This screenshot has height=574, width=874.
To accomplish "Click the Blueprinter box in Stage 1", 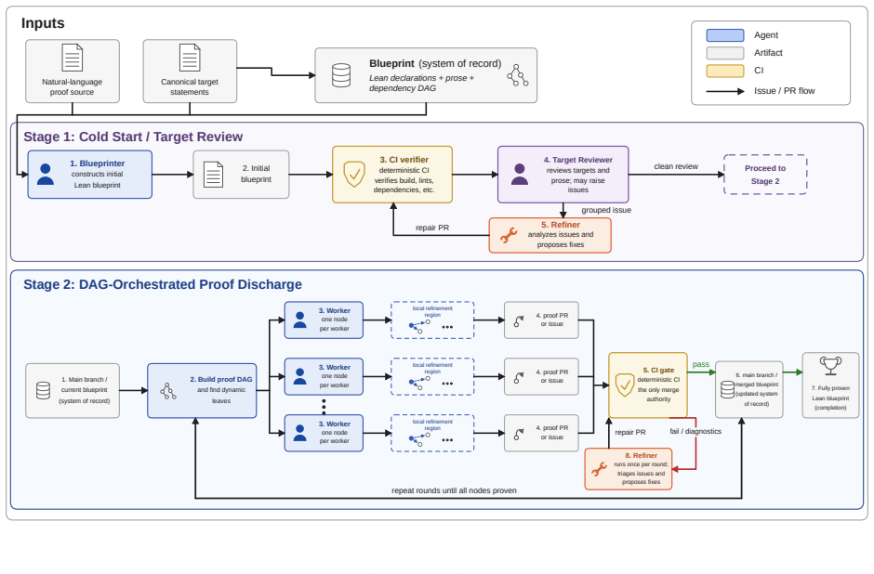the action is tap(90, 175).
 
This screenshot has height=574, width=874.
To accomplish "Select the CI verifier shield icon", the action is tap(354, 175).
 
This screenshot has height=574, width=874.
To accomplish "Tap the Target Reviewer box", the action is tap(563, 175).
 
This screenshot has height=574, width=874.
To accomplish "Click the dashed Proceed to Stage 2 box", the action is tap(765, 175).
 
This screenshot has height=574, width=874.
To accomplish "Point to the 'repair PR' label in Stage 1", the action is tap(432, 228).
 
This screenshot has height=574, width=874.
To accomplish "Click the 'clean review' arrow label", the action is tap(676, 166).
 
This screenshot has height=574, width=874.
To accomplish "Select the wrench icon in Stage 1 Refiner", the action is tap(509, 235).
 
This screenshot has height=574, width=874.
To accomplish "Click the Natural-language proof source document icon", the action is tap(72, 58).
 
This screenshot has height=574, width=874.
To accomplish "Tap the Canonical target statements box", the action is tap(190, 72).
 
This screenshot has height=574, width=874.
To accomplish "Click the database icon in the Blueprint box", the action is tap(341, 75).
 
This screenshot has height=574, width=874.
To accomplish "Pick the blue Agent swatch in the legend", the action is tap(725, 35).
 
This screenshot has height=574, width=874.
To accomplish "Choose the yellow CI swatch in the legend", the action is tap(725, 71).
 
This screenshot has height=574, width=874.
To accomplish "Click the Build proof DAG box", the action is tap(202, 390).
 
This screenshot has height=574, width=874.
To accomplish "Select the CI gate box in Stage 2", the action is tap(648, 385).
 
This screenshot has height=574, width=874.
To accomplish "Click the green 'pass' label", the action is tap(701, 364).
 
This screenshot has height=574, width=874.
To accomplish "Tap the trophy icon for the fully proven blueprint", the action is tap(830, 366).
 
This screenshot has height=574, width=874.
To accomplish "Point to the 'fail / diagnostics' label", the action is tap(695, 432).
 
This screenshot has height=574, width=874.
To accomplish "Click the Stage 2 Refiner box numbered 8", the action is tap(629, 469).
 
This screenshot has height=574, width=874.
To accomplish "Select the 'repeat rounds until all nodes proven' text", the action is tap(454, 490).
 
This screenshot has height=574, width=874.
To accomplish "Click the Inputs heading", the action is tap(43, 23).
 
